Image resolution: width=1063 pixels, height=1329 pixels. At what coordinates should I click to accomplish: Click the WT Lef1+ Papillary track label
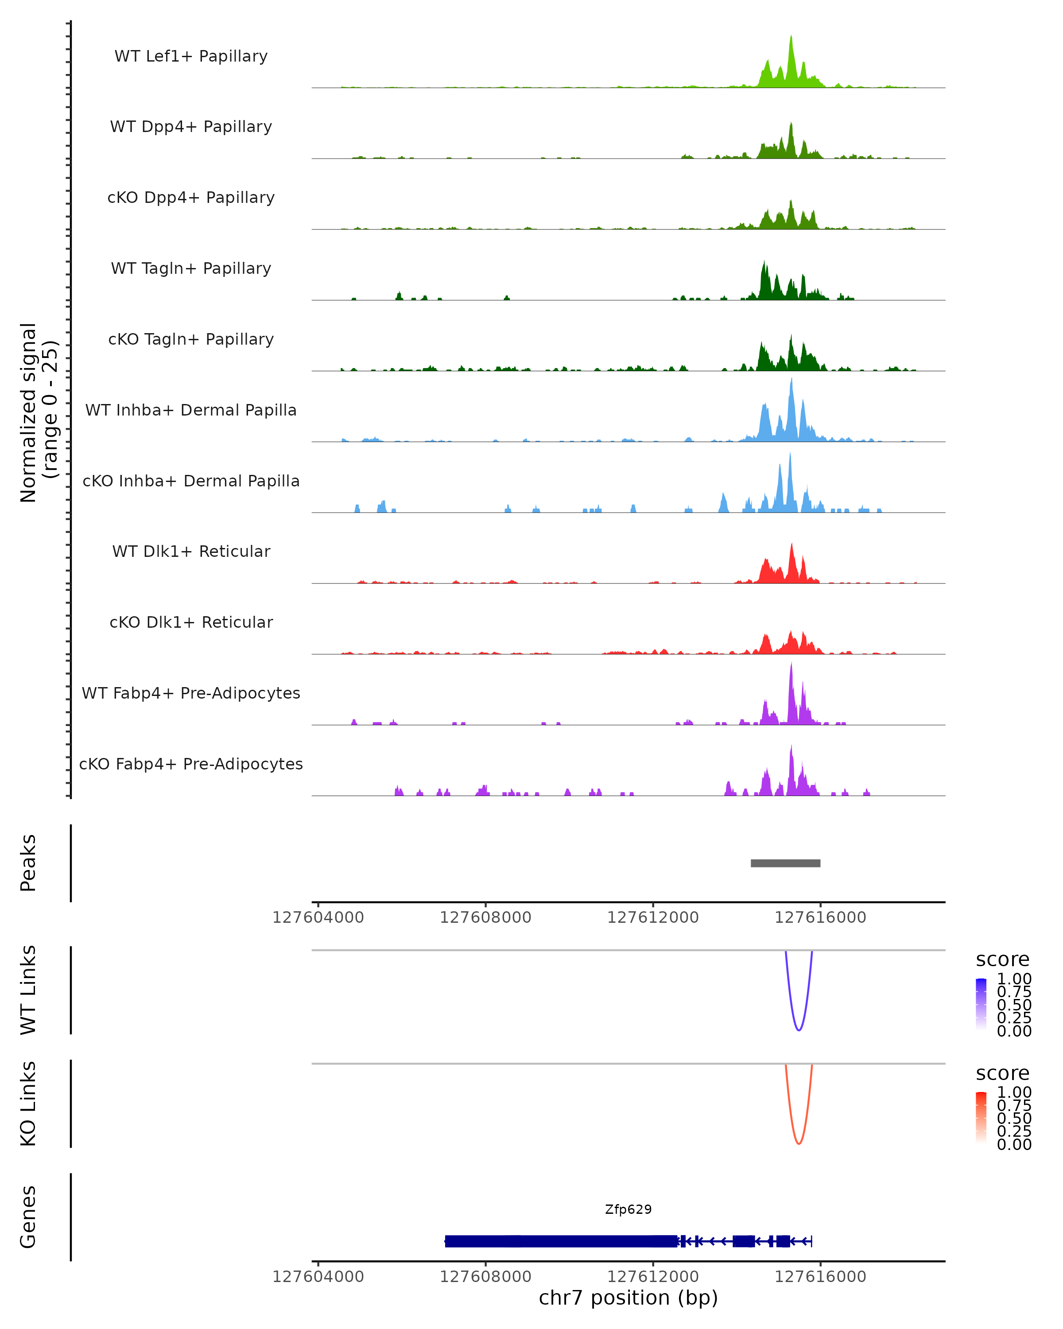(191, 56)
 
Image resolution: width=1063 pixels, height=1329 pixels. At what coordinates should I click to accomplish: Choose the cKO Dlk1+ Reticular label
(191, 622)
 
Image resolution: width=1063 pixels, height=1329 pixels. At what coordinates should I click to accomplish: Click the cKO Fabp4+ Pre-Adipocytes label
(191, 764)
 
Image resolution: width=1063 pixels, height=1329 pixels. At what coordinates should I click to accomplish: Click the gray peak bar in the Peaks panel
(785, 863)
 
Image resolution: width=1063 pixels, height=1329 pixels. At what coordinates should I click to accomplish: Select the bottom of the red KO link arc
(799, 1143)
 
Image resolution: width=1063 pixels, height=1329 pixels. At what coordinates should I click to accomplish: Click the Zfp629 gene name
(628, 1209)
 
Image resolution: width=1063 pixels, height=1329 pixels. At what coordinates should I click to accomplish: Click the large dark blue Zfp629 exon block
(561, 1241)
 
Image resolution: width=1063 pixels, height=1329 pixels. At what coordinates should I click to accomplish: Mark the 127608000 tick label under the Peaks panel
(485, 917)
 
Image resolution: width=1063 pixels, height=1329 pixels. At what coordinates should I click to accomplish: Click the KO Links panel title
(28, 1104)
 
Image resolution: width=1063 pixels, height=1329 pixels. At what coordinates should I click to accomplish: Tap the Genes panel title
(28, 1217)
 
